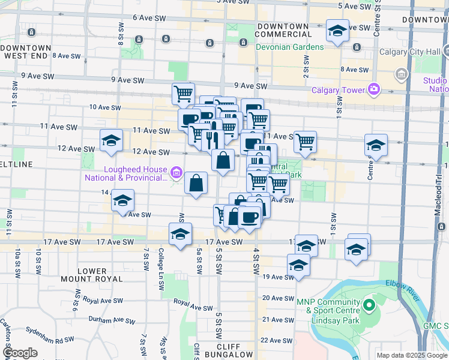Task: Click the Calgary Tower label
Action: point(338,90)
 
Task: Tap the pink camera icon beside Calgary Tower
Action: point(374,89)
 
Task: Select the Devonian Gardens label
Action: point(290,47)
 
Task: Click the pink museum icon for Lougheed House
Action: point(176,173)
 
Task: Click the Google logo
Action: point(20,353)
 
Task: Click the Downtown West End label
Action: point(26,52)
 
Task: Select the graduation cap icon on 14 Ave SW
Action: point(122,200)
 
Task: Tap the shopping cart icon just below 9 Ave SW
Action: point(183,93)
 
